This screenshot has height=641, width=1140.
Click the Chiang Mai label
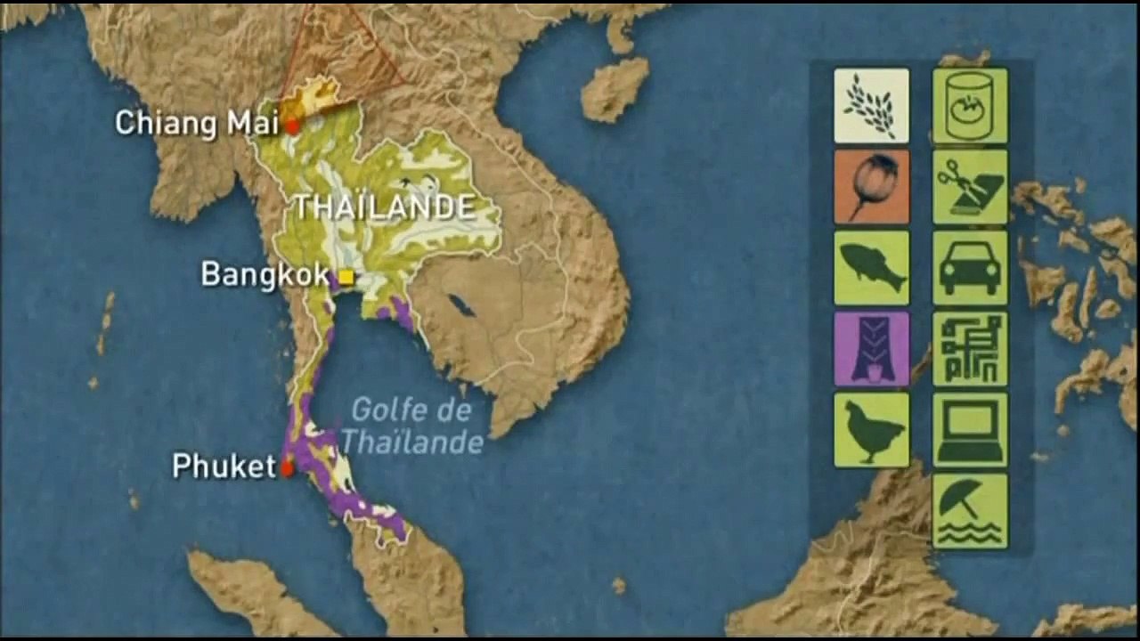[196, 123]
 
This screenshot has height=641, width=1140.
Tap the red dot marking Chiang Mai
[292, 126]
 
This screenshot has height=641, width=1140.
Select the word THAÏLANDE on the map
[385, 207]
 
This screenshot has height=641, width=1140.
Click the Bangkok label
[265, 274]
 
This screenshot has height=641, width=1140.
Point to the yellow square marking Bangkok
[346, 278]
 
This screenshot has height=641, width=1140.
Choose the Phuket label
[224, 466]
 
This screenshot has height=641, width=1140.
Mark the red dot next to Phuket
[287, 468]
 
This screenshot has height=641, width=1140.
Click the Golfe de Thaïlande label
[411, 426]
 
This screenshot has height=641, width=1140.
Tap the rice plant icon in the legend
[871, 106]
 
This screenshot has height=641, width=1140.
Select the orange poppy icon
[871, 187]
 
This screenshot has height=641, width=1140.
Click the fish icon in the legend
[871, 268]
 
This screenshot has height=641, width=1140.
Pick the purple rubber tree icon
[871, 349]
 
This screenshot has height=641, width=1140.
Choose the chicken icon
[871, 430]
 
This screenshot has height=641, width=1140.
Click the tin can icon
[970, 106]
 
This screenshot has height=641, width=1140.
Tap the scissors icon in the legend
[970, 187]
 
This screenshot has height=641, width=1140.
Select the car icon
[970, 268]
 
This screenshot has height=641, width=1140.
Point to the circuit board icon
[970, 349]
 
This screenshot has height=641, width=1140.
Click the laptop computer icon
[970, 430]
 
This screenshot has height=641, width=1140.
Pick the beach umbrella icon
[970, 511]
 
